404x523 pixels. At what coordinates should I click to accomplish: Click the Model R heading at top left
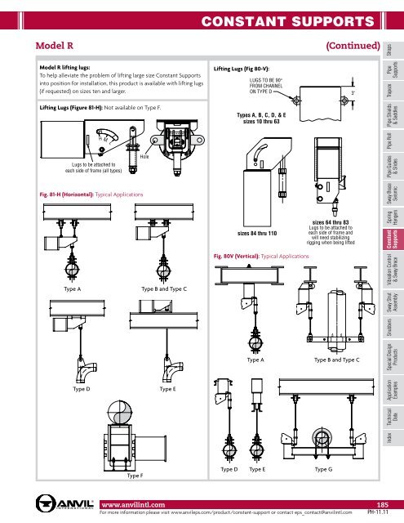(x=48, y=44)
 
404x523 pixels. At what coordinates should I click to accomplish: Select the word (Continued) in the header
(x=352, y=44)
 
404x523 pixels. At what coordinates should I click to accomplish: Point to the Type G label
(x=324, y=472)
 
